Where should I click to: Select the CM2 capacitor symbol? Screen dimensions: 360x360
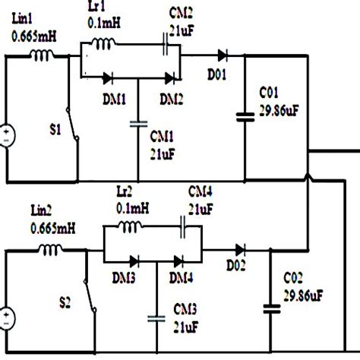pos(165,47)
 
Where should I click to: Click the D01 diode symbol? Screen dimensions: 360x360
pos(221,55)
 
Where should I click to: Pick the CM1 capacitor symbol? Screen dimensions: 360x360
pos(137,124)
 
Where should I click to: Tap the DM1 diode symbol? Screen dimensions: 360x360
pos(109,77)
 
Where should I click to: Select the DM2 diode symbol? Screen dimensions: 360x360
pos(172,77)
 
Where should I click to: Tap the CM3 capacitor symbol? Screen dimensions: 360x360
pos(157,317)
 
